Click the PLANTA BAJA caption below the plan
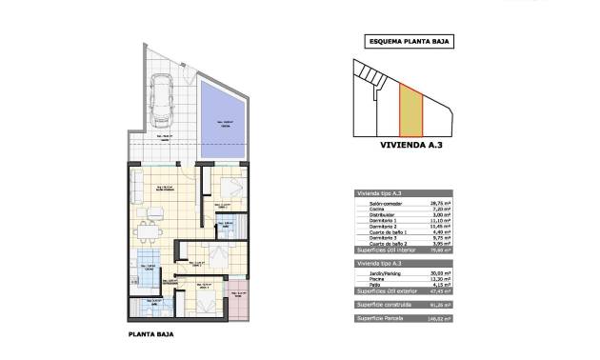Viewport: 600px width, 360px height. [x=150, y=334]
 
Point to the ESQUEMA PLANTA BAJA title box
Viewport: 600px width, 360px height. [x=409, y=42]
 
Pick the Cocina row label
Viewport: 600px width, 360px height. [x=368, y=210]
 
